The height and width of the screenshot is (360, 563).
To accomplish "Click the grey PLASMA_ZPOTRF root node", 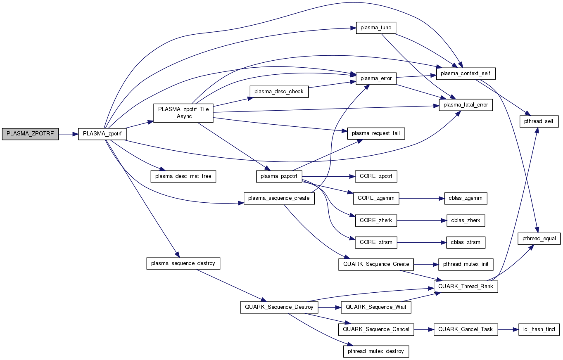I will tap(30, 134).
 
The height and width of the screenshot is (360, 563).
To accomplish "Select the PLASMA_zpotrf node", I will tap(102, 134).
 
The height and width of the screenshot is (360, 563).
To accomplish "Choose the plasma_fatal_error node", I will tap(466, 105).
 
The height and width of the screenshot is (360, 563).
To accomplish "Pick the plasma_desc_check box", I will tap(279, 92).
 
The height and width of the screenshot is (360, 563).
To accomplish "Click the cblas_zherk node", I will tap(466, 220).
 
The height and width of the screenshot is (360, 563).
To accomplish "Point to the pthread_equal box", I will tap(539, 239).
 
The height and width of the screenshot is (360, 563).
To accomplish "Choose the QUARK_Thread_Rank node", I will tap(466, 286).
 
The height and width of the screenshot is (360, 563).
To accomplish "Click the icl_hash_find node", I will tap(539, 329).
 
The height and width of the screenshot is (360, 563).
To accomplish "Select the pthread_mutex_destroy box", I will tap(376, 351).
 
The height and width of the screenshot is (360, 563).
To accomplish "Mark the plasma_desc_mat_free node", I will tap(183, 176).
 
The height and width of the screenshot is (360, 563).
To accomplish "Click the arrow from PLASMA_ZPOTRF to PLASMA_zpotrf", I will tap(68, 134).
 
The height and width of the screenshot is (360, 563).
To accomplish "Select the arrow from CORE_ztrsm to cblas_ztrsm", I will tap(421, 242).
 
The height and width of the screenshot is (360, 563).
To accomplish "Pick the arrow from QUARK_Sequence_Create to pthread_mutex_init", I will tap(423, 264).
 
